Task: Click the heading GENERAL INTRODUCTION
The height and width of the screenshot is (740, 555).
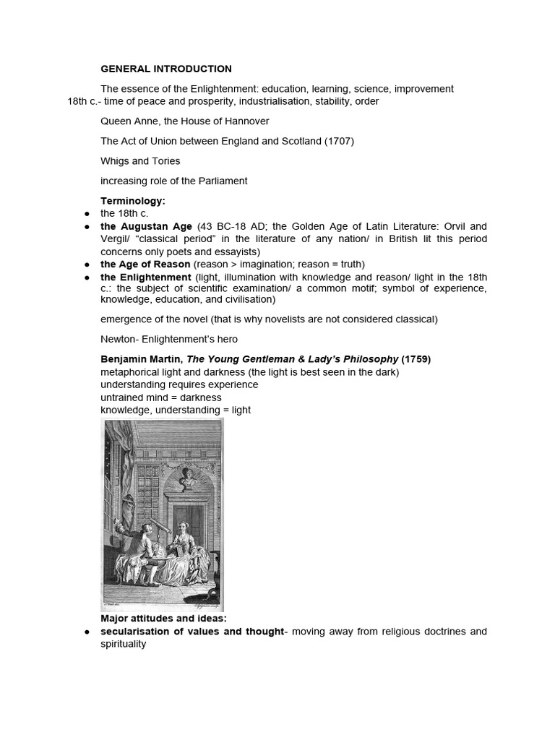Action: pos(166,69)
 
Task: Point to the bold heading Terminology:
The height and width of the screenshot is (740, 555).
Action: pos(133,200)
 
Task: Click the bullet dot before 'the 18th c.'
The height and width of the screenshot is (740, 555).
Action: pos(87,213)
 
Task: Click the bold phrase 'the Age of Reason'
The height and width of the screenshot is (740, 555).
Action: pos(145,264)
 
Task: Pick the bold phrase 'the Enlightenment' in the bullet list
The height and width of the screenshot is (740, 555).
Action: pos(146,277)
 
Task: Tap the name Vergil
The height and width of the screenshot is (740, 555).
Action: pos(116,239)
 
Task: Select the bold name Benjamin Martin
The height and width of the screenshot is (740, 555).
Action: pos(141,359)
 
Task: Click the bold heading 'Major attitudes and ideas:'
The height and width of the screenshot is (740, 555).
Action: pos(163,619)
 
